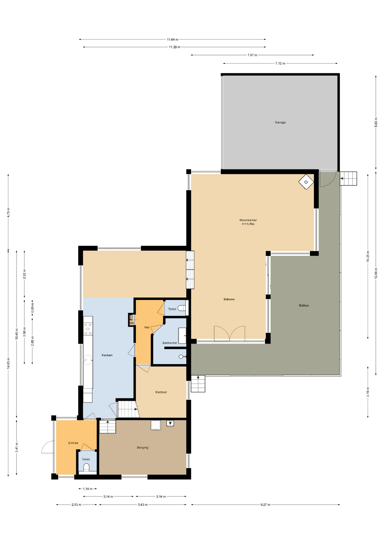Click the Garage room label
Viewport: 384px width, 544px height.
(280, 122)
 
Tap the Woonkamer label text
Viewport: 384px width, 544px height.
(248, 220)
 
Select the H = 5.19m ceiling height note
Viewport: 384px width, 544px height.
(248, 224)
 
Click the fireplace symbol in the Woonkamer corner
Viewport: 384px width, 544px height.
(306, 182)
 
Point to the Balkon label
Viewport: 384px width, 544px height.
(304, 305)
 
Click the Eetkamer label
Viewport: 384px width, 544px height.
(229, 299)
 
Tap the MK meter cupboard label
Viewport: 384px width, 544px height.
(132, 323)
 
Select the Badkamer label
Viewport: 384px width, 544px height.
(170, 343)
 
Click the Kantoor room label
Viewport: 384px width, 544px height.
(161, 392)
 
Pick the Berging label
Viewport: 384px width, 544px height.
(143, 448)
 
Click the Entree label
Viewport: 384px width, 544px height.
(73, 443)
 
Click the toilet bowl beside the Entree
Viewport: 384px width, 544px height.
(86, 467)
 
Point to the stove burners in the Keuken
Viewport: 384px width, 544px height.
(88, 329)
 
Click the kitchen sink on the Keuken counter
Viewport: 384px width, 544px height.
(87, 360)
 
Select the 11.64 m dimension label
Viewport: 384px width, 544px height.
(172, 39)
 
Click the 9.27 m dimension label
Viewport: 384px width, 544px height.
(265, 505)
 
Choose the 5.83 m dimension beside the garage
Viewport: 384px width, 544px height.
(376, 122)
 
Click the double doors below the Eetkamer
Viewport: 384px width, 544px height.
(229, 334)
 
